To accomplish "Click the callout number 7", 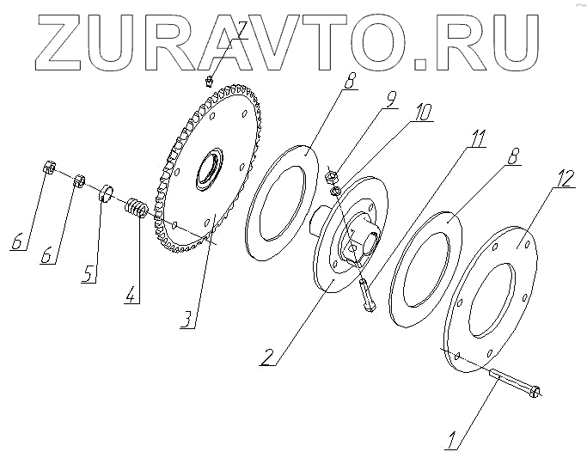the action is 243,32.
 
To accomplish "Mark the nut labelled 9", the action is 332,176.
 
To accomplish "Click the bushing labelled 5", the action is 107,192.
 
